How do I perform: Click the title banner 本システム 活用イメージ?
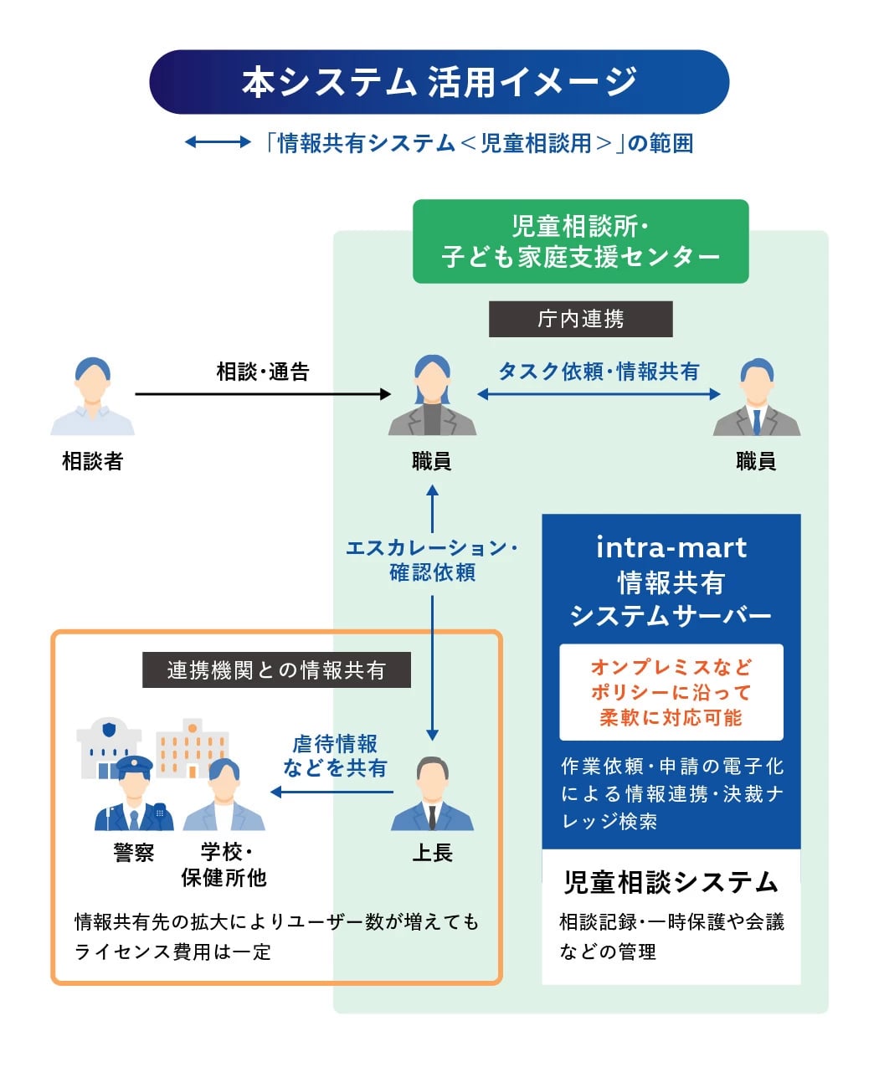tap(439, 82)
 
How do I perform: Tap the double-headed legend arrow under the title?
tap(217, 143)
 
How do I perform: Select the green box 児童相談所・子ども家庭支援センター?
tap(580, 241)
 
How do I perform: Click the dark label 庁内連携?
tap(580, 319)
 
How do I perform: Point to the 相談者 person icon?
tap(92, 397)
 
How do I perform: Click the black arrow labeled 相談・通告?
tap(263, 393)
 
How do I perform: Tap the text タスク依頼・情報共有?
tap(599, 372)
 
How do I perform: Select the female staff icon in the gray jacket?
tap(432, 397)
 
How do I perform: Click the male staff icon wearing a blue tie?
tap(756, 397)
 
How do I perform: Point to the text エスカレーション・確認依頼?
tap(432, 560)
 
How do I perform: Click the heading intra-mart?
tap(671, 547)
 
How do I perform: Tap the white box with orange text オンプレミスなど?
tap(671, 692)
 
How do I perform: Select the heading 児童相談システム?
tap(671, 882)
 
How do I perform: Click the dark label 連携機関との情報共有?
tap(276, 669)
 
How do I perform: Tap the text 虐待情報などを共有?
tap(335, 756)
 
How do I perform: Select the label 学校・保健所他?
tap(224, 864)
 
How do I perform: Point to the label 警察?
tap(134, 853)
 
